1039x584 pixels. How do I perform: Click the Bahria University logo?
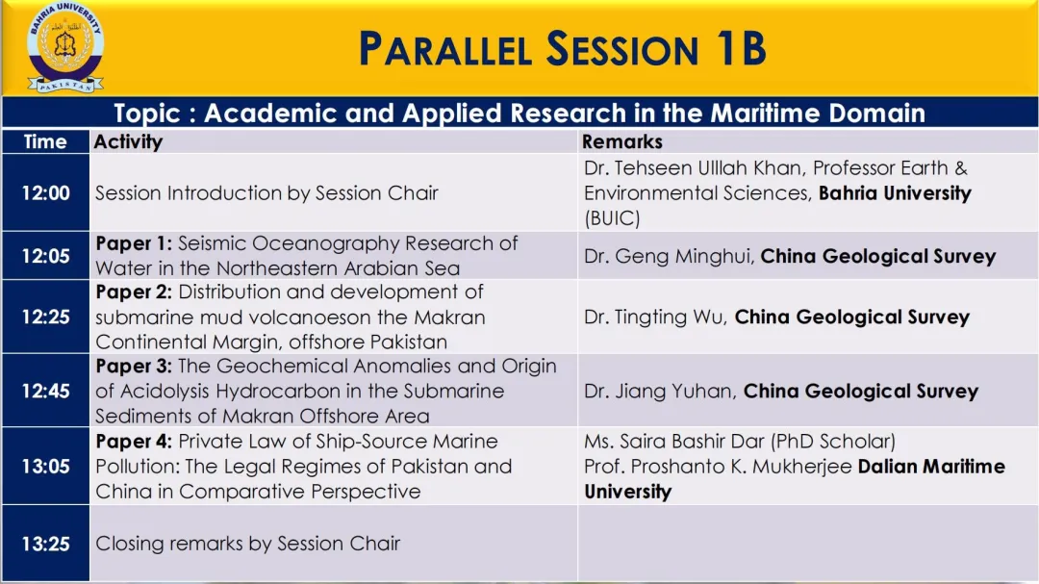pyautogui.click(x=65, y=46)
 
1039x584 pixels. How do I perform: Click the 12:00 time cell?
pyautogui.click(x=46, y=192)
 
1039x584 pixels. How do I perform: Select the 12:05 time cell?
pyautogui.click(x=46, y=256)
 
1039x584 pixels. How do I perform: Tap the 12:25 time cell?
pyautogui.click(x=46, y=317)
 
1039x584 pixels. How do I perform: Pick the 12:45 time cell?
pyautogui.click(x=46, y=392)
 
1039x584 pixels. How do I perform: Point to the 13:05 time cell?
pyautogui.click(x=46, y=466)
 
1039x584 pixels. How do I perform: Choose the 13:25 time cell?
pyautogui.click(x=46, y=544)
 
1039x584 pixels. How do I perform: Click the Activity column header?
pyautogui.click(x=128, y=141)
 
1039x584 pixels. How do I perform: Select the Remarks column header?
pyautogui.click(x=622, y=141)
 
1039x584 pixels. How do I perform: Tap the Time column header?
pyautogui.click(x=45, y=141)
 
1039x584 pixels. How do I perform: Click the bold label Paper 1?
pyautogui.click(x=134, y=243)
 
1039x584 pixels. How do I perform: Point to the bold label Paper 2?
pyautogui.click(x=134, y=292)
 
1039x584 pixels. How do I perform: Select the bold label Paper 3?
pyautogui.click(x=134, y=366)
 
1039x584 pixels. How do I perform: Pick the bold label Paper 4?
pyautogui.click(x=134, y=441)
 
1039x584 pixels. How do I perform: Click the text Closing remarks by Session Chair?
pyautogui.click(x=248, y=544)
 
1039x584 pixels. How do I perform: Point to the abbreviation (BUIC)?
pyautogui.click(x=612, y=218)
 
